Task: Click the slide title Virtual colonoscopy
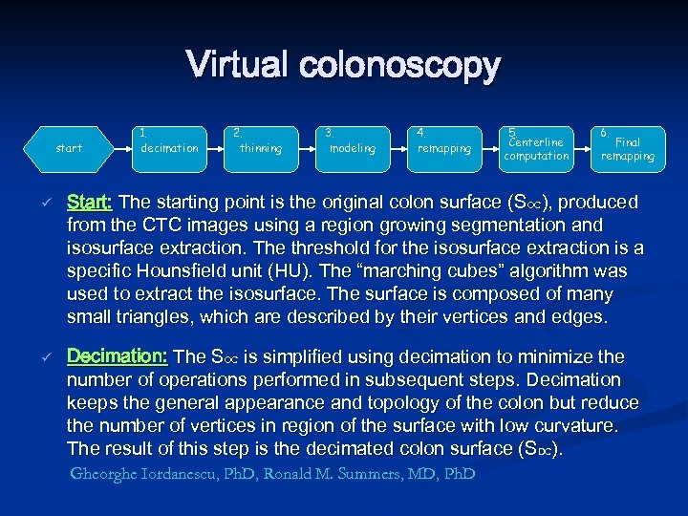[343, 66]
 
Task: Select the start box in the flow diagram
[69, 148]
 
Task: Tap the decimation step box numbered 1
[168, 148]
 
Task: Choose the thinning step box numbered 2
[261, 148]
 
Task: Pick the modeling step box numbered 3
[353, 148]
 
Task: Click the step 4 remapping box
[443, 148]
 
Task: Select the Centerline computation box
[536, 148]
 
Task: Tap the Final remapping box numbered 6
[627, 148]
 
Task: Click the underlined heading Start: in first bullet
[90, 203]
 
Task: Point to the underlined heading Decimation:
[117, 356]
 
